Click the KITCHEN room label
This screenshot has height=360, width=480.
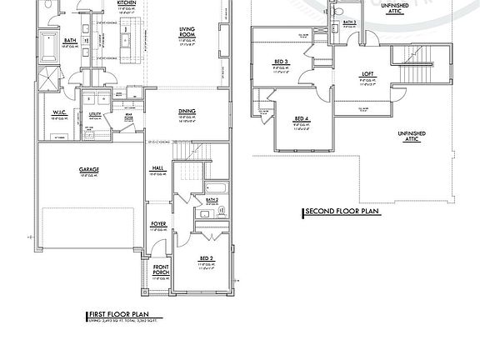pos(127,3)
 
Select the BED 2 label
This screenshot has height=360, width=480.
pos(207,259)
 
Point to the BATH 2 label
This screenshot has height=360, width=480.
pos(212,200)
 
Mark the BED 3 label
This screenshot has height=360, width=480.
pos(281,62)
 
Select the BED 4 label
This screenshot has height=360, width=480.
pos(301,119)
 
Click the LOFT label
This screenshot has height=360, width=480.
pos(367,75)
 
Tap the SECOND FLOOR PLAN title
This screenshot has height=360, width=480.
pos(342,212)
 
